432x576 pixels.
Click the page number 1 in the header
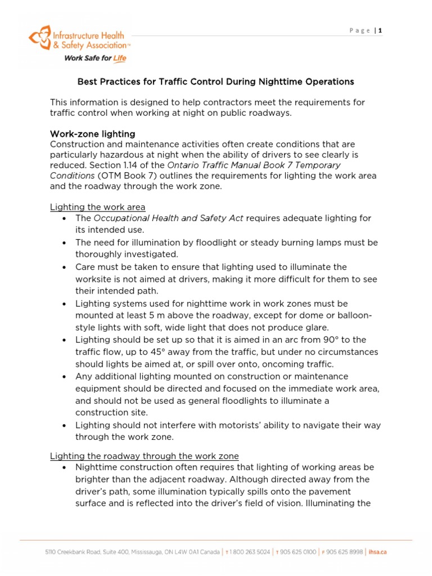click(380, 30)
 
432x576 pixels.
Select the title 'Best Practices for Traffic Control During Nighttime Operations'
click(215, 82)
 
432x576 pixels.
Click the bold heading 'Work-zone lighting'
click(92, 134)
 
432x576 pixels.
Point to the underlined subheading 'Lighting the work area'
click(98, 207)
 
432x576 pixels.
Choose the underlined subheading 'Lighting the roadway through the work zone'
click(145, 456)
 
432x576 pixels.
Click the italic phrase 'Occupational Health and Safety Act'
click(168, 218)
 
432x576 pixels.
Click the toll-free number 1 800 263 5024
click(250, 552)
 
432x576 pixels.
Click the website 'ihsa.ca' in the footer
click(377, 552)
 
